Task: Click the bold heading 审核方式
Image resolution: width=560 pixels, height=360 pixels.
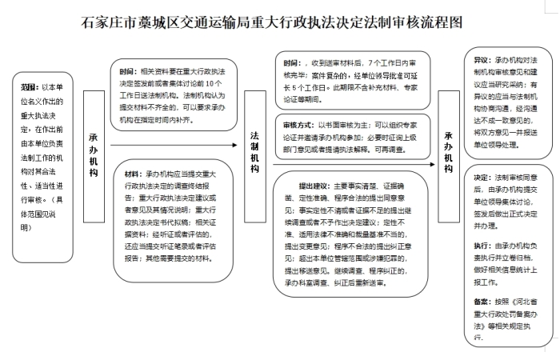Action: tap(299, 125)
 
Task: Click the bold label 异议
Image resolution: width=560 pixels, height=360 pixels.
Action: tap(482, 59)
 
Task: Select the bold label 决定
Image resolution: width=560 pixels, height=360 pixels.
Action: tap(482, 176)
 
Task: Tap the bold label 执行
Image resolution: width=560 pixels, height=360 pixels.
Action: tap(482, 246)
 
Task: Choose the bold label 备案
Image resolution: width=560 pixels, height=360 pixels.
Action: tap(482, 300)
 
